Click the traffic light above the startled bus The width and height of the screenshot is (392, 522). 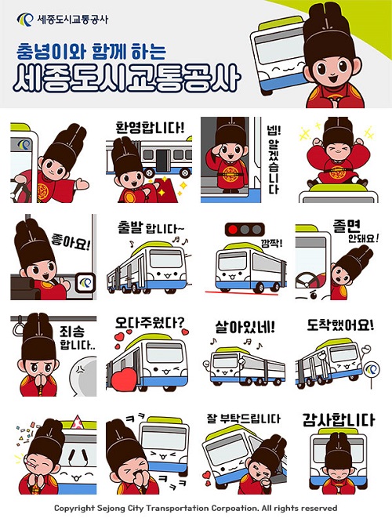[x=241, y=230]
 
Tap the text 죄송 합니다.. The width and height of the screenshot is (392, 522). [x=75, y=338]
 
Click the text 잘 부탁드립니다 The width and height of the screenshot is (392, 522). [x=241, y=419]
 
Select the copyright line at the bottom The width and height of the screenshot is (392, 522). [x=195, y=509]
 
